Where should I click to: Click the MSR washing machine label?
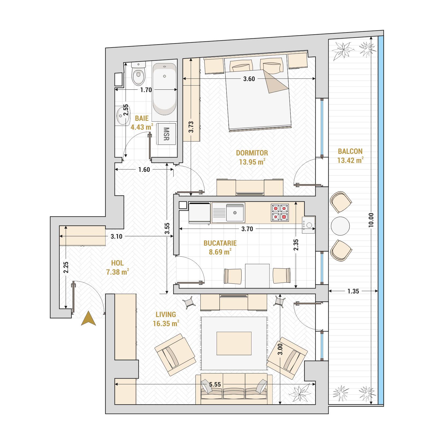tap(166, 134)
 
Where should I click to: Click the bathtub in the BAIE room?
tap(165, 89)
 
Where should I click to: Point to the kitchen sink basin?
tap(235, 212)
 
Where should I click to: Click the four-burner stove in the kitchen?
tap(280, 213)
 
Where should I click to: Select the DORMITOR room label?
tap(252, 153)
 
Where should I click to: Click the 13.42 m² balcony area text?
tap(350, 160)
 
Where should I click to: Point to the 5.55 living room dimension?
tap(215, 384)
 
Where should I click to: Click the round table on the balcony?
tap(340, 226)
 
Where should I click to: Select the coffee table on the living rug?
tap(234, 343)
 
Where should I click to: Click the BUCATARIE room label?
tap(220, 243)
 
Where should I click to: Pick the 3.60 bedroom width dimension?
tap(249, 79)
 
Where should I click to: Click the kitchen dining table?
tap(257, 276)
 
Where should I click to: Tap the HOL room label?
tap(117, 263)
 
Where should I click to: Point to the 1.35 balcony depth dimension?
tap(353, 291)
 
